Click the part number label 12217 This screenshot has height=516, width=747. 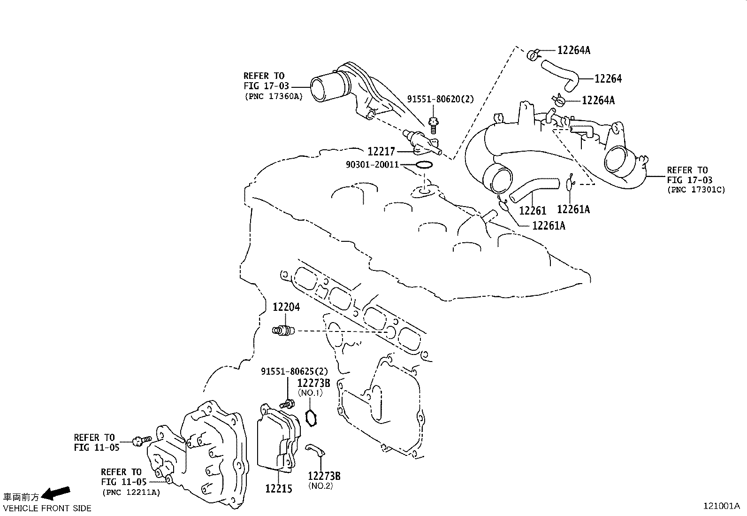(x=381, y=152)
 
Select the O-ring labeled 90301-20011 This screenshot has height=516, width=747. (x=424, y=165)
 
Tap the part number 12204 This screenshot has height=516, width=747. (x=286, y=307)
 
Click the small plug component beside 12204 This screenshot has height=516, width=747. (x=282, y=331)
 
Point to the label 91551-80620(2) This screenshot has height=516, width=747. (x=440, y=99)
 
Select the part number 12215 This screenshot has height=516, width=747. (x=278, y=489)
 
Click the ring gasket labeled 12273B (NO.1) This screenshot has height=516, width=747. (x=310, y=416)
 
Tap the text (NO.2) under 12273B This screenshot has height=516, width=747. (x=320, y=486)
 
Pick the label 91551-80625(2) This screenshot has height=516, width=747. (x=294, y=371)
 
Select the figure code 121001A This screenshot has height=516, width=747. (x=721, y=506)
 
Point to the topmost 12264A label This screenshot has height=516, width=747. (x=573, y=50)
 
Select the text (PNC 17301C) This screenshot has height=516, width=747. (x=696, y=190)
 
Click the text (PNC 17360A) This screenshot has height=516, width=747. (x=273, y=96)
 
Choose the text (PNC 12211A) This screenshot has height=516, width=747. (x=131, y=493)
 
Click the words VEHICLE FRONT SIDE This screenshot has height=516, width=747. (x=47, y=508)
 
